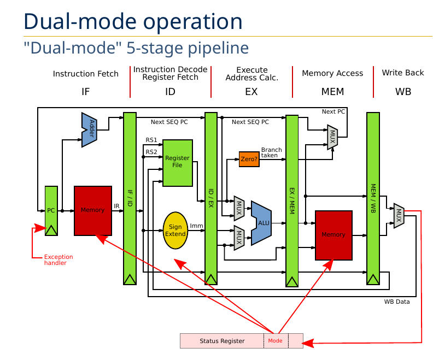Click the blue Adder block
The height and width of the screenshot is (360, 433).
(89, 129)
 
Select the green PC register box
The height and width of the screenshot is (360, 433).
(51, 210)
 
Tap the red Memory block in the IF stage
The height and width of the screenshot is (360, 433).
(93, 210)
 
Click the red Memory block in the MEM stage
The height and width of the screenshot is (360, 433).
(333, 234)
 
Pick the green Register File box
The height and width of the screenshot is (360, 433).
(177, 162)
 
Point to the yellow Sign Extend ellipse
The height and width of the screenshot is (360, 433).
(175, 231)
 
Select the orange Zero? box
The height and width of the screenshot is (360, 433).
(248, 159)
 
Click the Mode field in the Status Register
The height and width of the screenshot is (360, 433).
(276, 341)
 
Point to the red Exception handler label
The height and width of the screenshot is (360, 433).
(58, 260)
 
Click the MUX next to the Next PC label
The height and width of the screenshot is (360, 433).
(332, 137)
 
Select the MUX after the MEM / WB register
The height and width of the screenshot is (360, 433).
(399, 216)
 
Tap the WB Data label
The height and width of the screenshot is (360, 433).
(396, 302)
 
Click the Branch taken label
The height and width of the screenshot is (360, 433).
(272, 152)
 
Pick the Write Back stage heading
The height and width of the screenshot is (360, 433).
(402, 73)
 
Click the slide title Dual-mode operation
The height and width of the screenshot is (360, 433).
(133, 22)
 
